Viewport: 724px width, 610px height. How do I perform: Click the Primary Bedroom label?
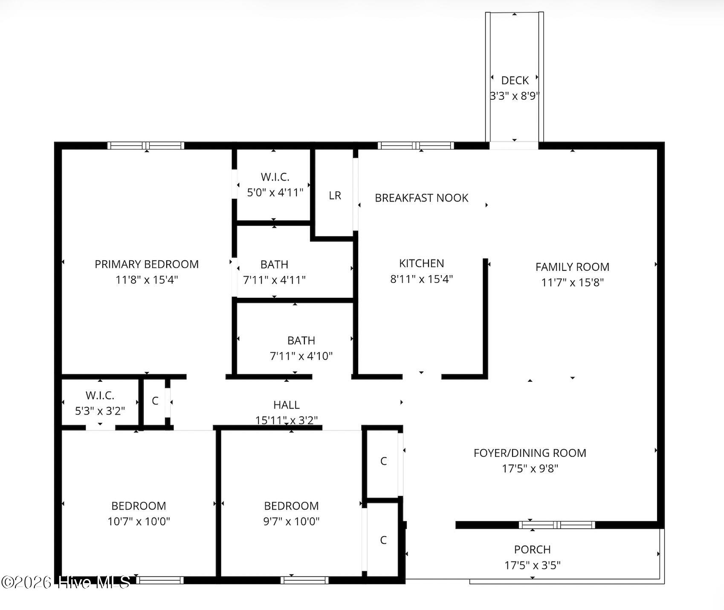(147, 264)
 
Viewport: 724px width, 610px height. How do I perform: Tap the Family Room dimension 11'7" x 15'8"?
(572, 282)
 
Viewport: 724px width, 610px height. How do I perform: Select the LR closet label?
(335, 195)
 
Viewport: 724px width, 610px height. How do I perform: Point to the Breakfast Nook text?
(421, 198)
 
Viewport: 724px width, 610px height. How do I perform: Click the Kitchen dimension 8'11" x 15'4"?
(421, 279)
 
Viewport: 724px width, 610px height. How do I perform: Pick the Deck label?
(515, 80)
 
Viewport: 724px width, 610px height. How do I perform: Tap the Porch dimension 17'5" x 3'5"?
(533, 565)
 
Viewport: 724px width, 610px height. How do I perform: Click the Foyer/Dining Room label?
(530, 453)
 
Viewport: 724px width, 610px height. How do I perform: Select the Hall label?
(287, 405)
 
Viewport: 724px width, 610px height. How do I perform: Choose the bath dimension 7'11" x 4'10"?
(301, 356)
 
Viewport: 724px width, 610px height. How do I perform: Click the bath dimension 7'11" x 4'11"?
(274, 280)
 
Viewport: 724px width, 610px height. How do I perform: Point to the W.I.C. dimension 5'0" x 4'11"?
(275, 192)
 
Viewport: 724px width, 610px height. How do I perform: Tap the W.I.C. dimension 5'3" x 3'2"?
(100, 411)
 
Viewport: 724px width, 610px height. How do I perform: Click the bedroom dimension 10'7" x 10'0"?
(139, 521)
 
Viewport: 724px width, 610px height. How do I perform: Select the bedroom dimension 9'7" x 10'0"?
(291, 521)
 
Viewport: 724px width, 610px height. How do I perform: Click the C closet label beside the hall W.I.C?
(155, 401)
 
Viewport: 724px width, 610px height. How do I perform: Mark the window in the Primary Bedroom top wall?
(145, 145)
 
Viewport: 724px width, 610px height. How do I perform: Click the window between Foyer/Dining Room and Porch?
(557, 525)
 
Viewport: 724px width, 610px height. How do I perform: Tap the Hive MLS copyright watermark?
(66, 582)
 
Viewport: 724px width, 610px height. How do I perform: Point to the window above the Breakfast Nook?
(416, 145)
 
